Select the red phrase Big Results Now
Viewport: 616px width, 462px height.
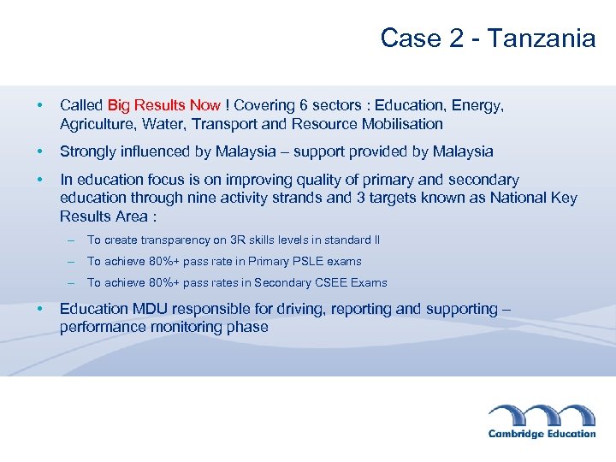coord(163,105)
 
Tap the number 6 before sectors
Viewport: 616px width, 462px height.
coord(304,105)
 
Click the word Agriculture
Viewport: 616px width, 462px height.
coord(98,124)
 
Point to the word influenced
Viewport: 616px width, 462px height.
coord(162,151)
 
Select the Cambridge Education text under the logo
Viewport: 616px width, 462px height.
coord(542,434)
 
